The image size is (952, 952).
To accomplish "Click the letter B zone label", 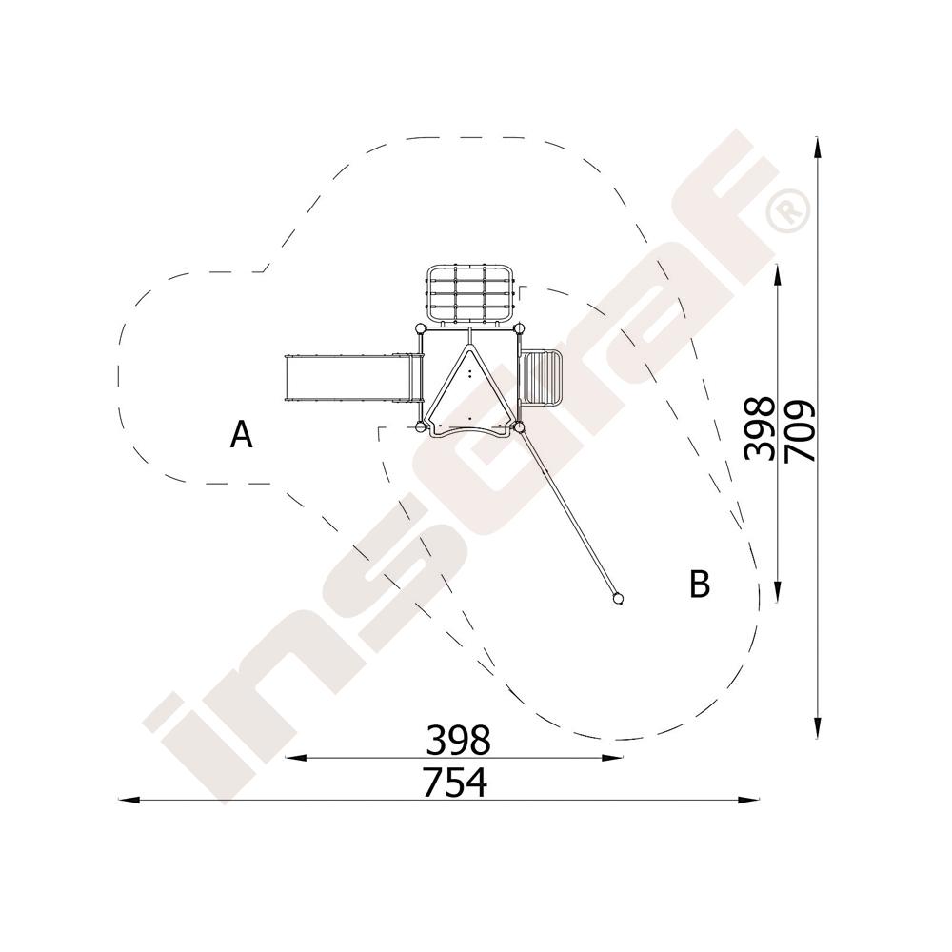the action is (x=700, y=584).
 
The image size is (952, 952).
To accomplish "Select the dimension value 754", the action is (x=455, y=783).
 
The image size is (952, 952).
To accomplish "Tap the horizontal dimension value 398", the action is (x=458, y=740).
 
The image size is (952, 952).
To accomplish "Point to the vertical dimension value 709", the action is (x=800, y=431).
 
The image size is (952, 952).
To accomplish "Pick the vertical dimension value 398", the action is (x=760, y=428).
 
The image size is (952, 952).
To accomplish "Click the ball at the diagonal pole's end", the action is (x=618, y=599).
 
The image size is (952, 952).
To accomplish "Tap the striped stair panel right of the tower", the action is (x=542, y=378).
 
